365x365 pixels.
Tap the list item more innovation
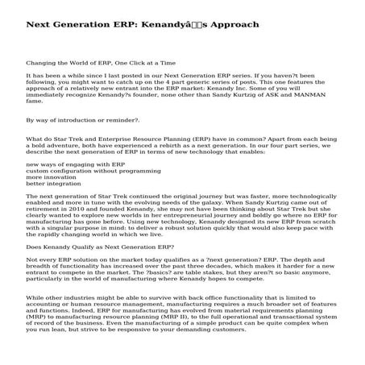52,177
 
